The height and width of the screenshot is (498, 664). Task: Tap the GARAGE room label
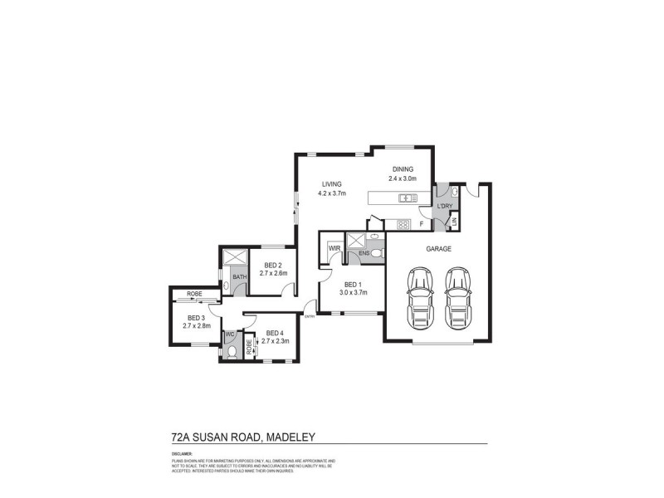tap(438, 248)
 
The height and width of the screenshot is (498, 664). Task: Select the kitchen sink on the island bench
tap(407, 198)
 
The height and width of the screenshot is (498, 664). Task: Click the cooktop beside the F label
tap(404, 223)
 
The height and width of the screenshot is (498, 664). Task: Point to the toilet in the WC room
tap(231, 351)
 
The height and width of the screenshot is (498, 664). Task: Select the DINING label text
tap(403, 169)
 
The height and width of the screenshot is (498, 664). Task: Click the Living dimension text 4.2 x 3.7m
tap(331, 193)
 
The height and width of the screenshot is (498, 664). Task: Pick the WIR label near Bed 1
tap(334, 247)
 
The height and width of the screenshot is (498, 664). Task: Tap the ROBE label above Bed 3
tap(195, 294)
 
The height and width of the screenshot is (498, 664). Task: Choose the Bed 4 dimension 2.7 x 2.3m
tap(276, 341)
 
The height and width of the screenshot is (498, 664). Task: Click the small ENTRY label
tap(310, 316)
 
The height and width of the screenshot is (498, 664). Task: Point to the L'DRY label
tap(444, 206)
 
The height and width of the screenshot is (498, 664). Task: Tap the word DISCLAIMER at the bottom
tap(182, 454)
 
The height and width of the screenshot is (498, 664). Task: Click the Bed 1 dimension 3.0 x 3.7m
tap(353, 291)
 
